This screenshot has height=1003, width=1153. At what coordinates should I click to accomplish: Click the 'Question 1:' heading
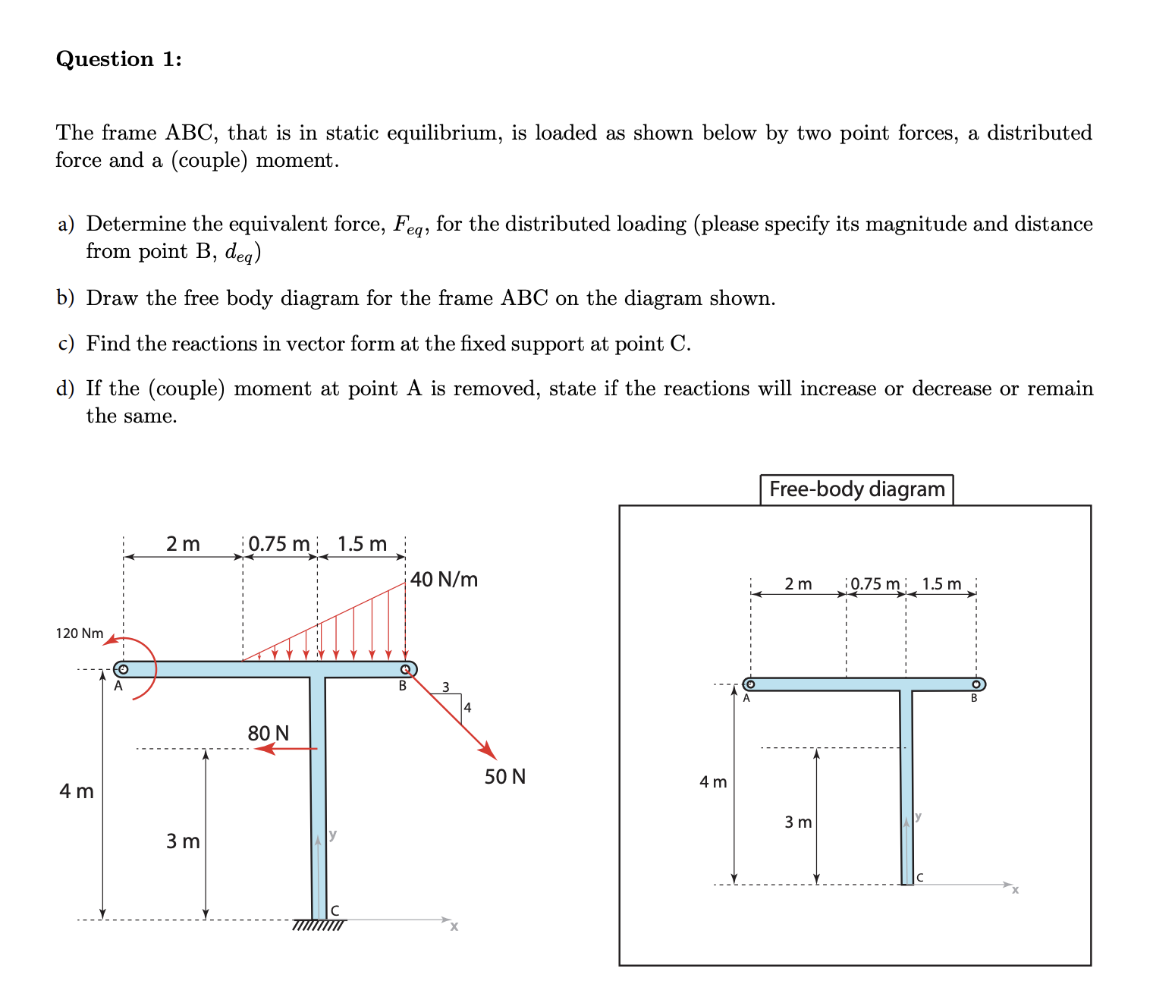(x=118, y=59)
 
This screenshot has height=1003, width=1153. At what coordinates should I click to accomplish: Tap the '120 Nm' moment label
(x=80, y=634)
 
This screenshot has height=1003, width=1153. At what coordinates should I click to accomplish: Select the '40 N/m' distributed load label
(x=444, y=580)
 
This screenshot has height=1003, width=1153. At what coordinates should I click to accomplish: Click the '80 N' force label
(x=269, y=734)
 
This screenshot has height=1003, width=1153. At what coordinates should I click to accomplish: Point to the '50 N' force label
(x=505, y=777)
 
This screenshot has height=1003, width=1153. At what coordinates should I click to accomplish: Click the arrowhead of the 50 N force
(x=489, y=752)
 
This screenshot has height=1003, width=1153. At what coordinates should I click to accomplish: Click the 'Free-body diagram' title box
(x=856, y=489)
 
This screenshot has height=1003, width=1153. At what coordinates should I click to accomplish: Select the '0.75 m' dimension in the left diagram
(x=279, y=544)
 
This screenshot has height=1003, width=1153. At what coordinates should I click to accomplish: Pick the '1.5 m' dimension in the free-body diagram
(x=941, y=584)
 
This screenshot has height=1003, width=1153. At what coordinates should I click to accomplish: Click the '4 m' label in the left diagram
(x=77, y=791)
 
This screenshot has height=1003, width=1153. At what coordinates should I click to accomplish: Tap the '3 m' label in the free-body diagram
(x=798, y=822)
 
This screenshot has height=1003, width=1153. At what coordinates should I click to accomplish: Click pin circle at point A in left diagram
(x=121, y=669)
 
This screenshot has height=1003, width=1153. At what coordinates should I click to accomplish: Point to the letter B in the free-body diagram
(x=975, y=699)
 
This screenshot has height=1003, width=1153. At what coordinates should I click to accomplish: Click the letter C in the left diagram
(x=335, y=910)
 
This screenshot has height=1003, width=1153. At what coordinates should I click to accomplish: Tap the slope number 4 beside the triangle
(x=467, y=708)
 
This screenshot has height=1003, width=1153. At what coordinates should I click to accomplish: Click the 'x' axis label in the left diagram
(x=454, y=927)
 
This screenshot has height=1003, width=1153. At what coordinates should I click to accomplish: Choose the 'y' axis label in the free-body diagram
(x=919, y=816)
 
